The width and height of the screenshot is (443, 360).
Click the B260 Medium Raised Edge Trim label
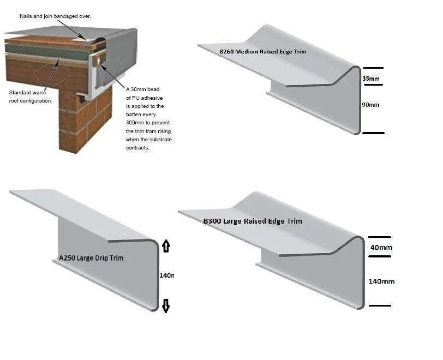[262, 52]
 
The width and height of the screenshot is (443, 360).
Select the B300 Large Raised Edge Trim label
[252, 221]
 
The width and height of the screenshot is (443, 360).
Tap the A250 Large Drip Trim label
[91, 257]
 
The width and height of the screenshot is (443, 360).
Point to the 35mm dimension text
[371, 79]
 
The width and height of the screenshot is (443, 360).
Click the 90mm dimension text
[370, 105]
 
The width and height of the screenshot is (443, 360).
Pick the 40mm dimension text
[381, 248]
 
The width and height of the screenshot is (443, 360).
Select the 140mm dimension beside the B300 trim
[381, 281]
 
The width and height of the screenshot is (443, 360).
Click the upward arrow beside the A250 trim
[166, 247]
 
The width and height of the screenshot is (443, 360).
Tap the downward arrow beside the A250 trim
[166, 306]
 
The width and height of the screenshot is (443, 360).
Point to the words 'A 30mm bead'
[142, 89]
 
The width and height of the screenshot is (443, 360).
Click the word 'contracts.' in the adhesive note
[137, 148]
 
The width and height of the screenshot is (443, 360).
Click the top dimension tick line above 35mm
[373, 68]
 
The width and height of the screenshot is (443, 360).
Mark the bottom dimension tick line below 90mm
[373, 133]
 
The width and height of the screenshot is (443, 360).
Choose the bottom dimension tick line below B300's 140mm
[380, 305]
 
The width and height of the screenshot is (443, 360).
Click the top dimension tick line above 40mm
[380, 237]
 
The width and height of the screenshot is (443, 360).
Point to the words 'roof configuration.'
[31, 101]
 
